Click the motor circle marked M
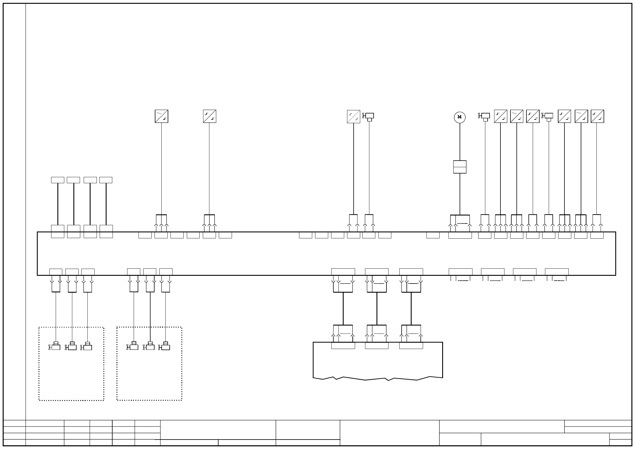[x=460, y=117]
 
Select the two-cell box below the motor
[x=460, y=167]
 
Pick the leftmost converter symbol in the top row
[x=161, y=116]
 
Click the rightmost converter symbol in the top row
[x=597, y=116]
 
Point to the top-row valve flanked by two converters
[x=548, y=116]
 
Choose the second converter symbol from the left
[x=210, y=116]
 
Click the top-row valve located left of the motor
[x=369, y=116]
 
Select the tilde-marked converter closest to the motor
[x=517, y=116]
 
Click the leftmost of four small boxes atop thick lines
[x=57, y=180]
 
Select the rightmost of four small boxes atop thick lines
[x=106, y=180]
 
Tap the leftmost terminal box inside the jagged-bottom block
[x=343, y=346]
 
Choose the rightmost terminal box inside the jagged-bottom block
[x=411, y=346]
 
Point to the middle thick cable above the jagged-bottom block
[x=377, y=309]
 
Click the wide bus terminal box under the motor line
[x=460, y=235]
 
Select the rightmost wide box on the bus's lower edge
[x=557, y=272]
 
